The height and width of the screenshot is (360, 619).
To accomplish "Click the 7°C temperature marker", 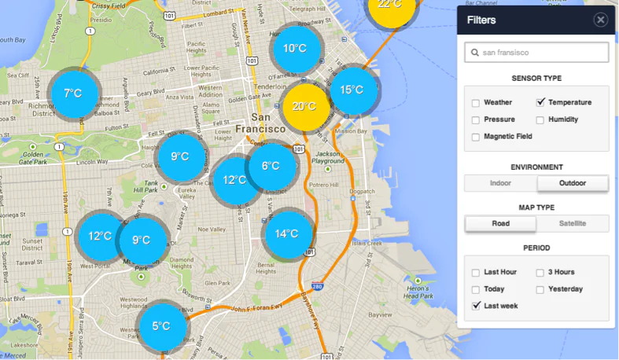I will (x=73, y=94).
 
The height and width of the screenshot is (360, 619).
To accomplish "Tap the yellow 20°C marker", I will (x=304, y=106).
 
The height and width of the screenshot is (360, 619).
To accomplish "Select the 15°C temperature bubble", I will (x=352, y=90).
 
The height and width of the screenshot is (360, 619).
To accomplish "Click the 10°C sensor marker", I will (x=295, y=49).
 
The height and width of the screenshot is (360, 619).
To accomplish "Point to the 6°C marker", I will (x=271, y=166).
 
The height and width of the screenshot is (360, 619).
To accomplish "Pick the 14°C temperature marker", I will (x=286, y=233).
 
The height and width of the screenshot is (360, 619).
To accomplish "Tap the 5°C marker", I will (x=162, y=326).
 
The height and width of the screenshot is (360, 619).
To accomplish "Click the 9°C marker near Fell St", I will (x=180, y=156).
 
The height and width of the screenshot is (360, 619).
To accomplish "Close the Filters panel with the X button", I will (x=600, y=20).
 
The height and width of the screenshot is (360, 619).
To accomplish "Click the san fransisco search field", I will (x=536, y=53).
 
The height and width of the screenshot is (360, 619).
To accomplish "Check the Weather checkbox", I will (x=476, y=103).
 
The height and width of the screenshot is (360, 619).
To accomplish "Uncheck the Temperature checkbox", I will (x=541, y=102).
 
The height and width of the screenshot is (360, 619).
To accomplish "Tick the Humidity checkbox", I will (x=541, y=119).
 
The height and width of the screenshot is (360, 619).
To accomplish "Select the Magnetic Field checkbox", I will (x=476, y=137).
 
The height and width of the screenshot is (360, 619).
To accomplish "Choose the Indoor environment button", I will (x=500, y=183).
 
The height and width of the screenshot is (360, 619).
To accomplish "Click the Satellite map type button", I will (x=573, y=223).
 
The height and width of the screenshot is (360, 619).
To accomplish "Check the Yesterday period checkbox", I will (x=541, y=289).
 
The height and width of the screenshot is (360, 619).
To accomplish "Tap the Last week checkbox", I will (x=476, y=306).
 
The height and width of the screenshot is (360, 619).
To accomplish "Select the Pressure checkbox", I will (x=476, y=119).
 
